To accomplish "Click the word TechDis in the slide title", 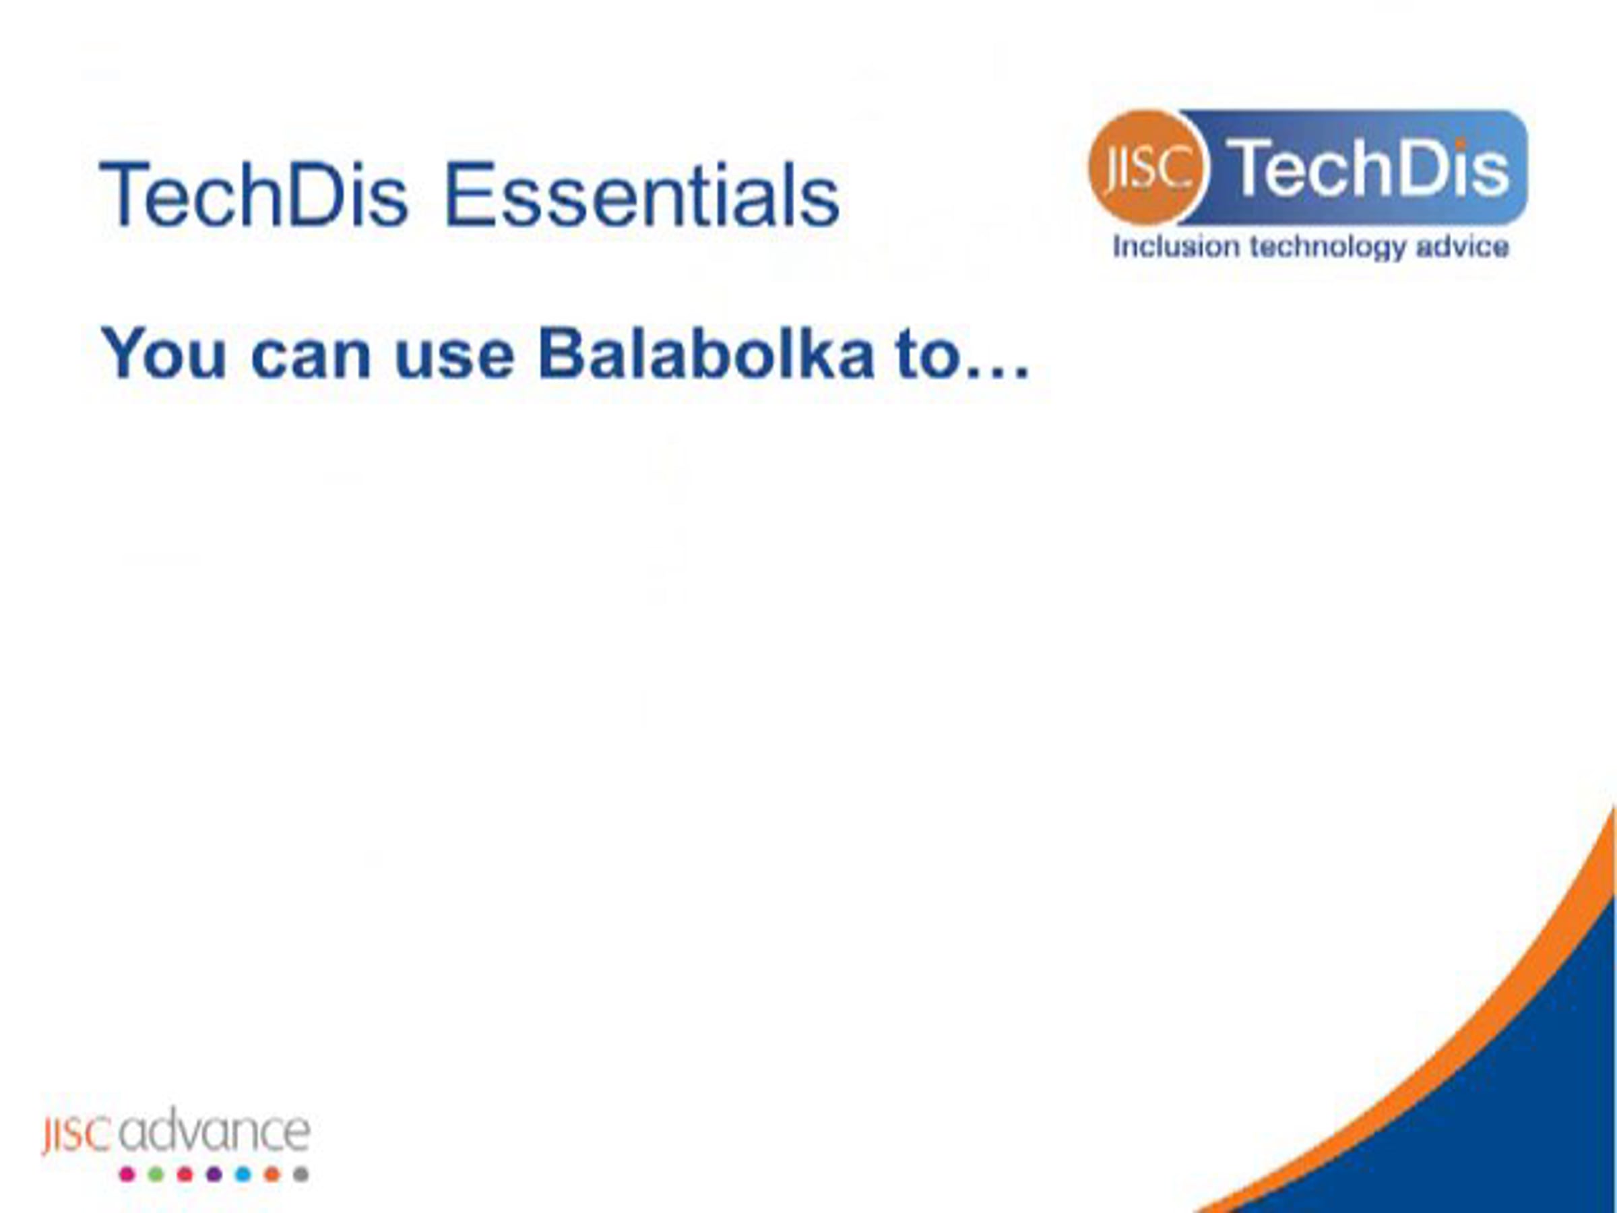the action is coord(253,195).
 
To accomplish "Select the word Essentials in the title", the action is coord(642,195).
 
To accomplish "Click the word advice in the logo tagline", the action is coord(1462,247).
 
